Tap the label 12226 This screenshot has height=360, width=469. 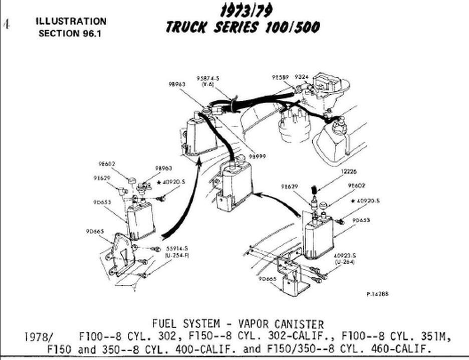350,172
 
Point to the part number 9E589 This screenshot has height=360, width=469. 280,78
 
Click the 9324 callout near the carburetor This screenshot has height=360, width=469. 302,78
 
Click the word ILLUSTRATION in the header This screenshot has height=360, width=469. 71,22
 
